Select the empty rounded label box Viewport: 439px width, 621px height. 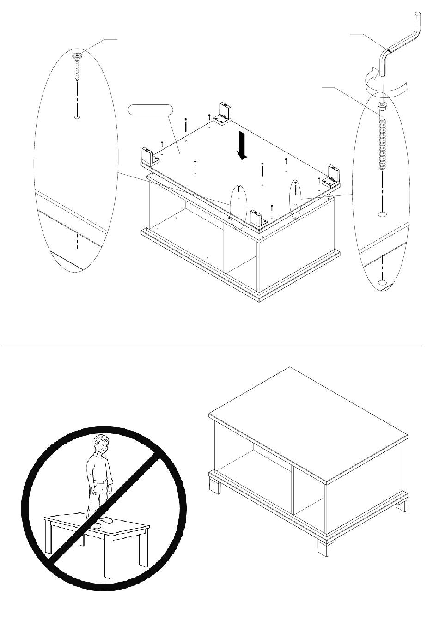[150, 110]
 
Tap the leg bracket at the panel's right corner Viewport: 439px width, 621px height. [334, 176]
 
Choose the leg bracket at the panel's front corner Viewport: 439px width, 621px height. [256, 219]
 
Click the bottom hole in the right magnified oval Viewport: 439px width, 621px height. [382, 282]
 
